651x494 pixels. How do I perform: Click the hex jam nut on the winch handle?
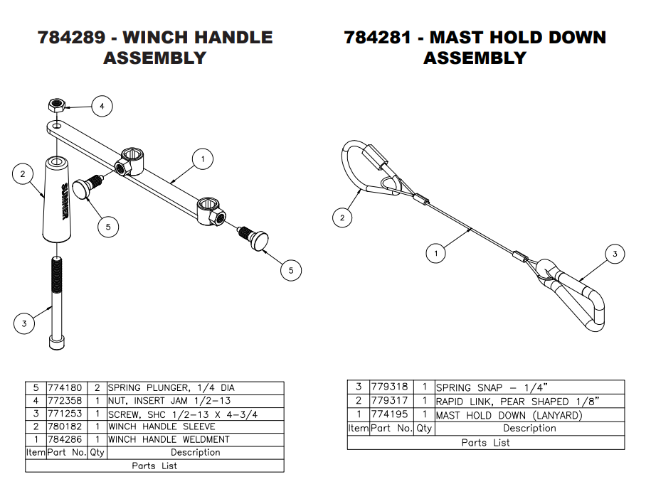[56, 106]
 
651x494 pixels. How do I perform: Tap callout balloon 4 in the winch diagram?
[102, 107]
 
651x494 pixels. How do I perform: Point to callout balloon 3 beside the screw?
[24, 324]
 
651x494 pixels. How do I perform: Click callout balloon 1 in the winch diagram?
[203, 159]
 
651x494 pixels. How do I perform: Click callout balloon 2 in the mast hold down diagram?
[343, 217]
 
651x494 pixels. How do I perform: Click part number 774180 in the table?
[65, 388]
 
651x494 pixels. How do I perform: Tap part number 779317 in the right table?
[391, 402]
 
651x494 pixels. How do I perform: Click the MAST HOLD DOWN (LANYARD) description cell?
[509, 415]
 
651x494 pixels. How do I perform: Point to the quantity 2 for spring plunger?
[96, 388]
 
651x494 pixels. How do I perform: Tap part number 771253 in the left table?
[65, 414]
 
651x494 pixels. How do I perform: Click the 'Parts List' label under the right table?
[486, 442]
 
